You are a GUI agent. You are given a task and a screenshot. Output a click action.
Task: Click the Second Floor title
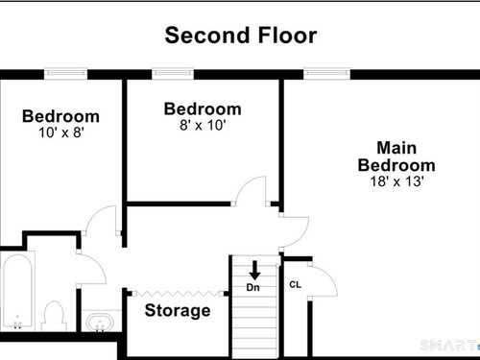click(x=241, y=36)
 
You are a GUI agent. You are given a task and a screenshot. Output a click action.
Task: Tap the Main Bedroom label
click(x=396, y=156)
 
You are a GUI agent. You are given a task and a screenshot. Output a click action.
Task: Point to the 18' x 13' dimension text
click(x=397, y=181)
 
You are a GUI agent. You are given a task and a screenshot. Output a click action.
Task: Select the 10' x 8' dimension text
click(x=61, y=132)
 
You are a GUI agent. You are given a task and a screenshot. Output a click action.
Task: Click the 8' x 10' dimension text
click(x=203, y=125)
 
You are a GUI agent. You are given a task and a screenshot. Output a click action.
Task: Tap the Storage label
click(x=178, y=310)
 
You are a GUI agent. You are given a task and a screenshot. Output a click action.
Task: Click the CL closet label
click(x=295, y=284)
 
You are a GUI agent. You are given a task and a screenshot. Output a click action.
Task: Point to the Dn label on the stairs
click(x=252, y=287)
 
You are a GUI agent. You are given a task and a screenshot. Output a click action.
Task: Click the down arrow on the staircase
click(x=254, y=271)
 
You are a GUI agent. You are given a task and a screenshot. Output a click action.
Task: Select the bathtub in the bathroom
click(x=17, y=291)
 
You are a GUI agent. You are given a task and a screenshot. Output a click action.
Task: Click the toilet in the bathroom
click(x=54, y=316)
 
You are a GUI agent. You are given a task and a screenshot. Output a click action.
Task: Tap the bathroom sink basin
click(x=100, y=323)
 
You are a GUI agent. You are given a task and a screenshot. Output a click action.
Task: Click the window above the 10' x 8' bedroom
click(x=65, y=73)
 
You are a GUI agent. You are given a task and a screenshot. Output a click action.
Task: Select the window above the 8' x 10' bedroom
click(x=173, y=73)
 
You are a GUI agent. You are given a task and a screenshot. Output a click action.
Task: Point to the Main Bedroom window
click(x=326, y=73)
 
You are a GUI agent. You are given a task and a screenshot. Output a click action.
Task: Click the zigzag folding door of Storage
click(x=178, y=294)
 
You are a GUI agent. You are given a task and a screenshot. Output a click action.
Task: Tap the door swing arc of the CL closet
click(x=330, y=276)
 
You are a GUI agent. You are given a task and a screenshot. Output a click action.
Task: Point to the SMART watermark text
click(x=448, y=346)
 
